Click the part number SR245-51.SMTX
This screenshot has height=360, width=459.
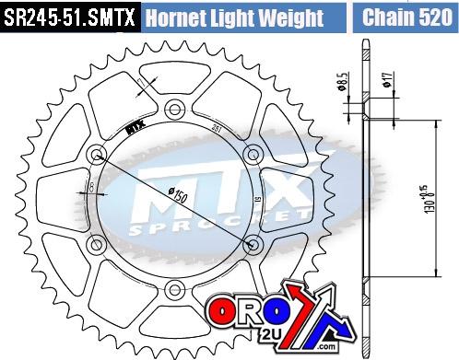pyautogui.click(x=70, y=18)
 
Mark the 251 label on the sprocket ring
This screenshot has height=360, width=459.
pyautogui.click(x=216, y=129)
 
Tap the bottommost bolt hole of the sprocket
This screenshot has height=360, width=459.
pyautogui.click(x=172, y=292)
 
